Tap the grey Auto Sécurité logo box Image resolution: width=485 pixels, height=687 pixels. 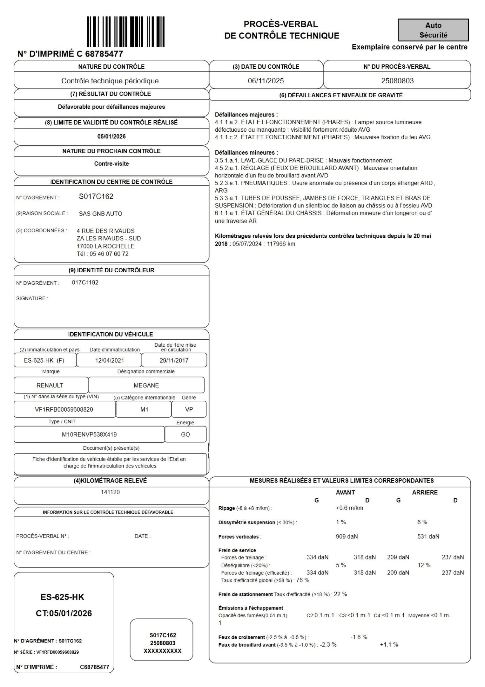433,30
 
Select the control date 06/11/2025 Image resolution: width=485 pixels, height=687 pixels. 266,81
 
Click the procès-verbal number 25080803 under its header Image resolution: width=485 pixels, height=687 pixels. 397,81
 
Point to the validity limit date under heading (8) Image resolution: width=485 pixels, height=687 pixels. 111,137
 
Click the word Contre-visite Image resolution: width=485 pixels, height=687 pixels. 111,164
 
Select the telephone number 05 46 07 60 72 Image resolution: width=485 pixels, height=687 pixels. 109,254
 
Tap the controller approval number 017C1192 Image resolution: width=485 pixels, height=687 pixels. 85,282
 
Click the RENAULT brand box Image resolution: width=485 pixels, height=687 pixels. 51,385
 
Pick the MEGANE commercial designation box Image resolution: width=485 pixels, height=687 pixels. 146,385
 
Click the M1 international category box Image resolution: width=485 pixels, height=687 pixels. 144,409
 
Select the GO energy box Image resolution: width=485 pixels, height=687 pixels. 185,434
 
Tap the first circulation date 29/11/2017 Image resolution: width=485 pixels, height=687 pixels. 174,360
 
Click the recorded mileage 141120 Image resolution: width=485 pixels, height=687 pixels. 110,492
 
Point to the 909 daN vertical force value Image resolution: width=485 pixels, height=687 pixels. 347,537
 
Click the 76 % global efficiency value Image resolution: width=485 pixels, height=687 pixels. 303,580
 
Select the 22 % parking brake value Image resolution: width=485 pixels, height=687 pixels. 340,594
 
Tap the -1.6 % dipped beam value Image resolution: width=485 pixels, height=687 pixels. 359,637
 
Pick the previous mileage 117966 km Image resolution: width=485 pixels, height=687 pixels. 281,244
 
